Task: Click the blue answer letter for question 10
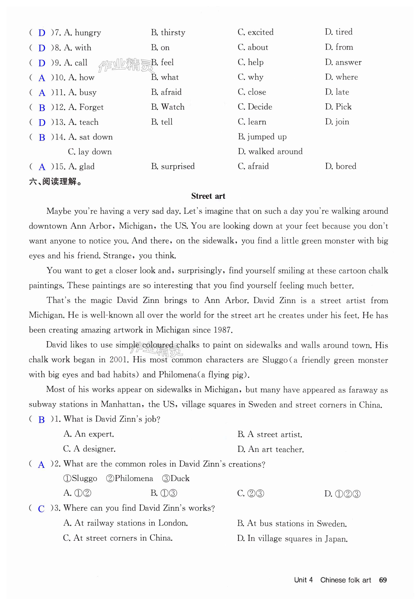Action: [42, 78]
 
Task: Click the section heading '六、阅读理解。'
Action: [56, 181]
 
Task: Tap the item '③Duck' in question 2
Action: [176, 478]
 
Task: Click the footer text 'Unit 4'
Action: [303, 580]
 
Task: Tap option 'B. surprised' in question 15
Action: [173, 166]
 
